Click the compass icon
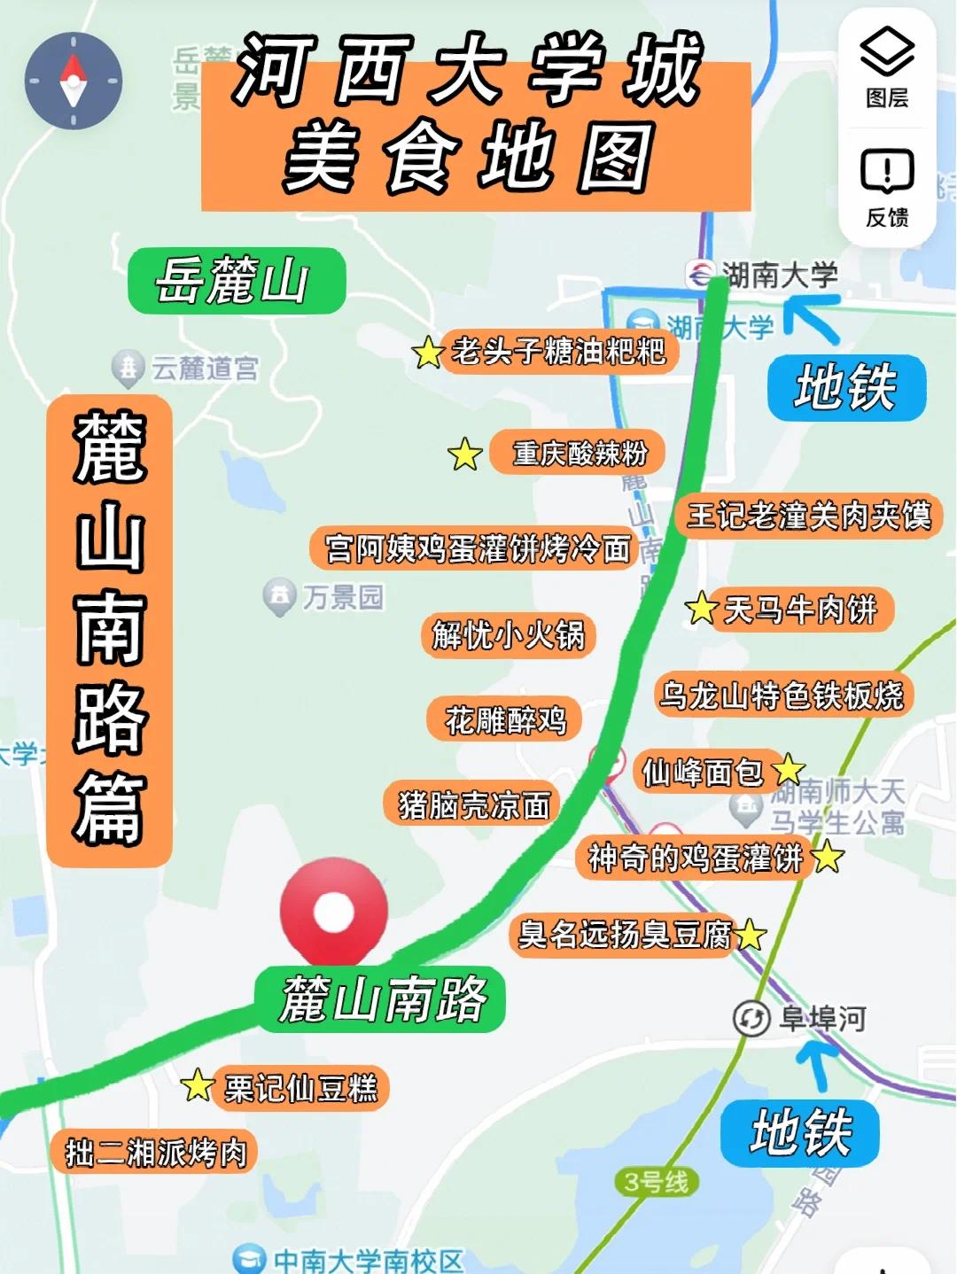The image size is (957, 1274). coord(73,81)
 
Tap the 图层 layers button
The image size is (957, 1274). coord(887,67)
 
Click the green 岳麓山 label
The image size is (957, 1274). coord(236,281)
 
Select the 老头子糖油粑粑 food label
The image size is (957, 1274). coord(558,352)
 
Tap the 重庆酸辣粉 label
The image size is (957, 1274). coord(579,454)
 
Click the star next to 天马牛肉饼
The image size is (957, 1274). coord(701,609)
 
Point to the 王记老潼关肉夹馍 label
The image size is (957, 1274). coord(808,516)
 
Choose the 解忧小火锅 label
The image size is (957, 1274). coord(508,635)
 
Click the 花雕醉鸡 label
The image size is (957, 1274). coord(505,719)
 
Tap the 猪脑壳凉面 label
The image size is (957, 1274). coord(473,804)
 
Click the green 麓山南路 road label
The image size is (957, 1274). coord(381,998)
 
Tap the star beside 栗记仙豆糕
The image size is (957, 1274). coord(198,1085)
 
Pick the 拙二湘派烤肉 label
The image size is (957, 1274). coord(155,1152)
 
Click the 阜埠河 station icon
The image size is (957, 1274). coord(751,1018)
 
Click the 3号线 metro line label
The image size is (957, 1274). coord(656,1182)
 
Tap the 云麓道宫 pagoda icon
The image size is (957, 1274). coord(128,368)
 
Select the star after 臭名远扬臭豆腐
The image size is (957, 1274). coord(750,934)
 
